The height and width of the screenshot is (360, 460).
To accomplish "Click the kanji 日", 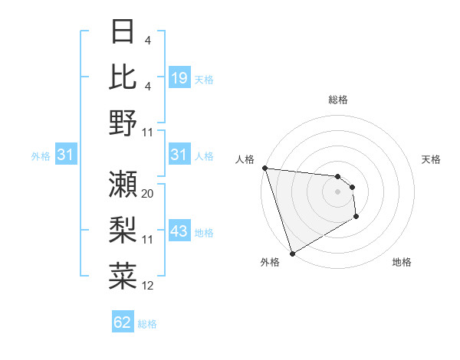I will pyautogui.click(x=123, y=33).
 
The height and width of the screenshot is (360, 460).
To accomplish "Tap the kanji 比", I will pyautogui.click(x=123, y=77).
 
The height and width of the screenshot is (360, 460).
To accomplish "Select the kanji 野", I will pyautogui.click(x=123, y=123).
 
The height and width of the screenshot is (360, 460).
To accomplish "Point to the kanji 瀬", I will pyautogui.click(x=123, y=183).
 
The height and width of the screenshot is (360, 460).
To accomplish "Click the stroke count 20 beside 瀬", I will pyautogui.click(x=148, y=194).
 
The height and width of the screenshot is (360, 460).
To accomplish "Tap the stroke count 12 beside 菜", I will pyautogui.click(x=148, y=286).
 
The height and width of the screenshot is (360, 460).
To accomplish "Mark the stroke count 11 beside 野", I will pyautogui.click(x=148, y=133).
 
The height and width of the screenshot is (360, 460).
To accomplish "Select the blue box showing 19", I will pyautogui.click(x=179, y=78).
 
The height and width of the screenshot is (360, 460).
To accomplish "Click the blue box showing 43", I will pyautogui.click(x=179, y=232).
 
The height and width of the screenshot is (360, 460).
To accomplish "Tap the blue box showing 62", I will pyautogui.click(x=123, y=322).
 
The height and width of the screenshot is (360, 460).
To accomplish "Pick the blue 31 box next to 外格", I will pyautogui.click(x=66, y=155).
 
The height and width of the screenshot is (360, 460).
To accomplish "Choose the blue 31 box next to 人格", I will pyautogui.click(x=179, y=155).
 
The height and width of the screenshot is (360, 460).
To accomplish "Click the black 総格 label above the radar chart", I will pyautogui.click(x=338, y=100).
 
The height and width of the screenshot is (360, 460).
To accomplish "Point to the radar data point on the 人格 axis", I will pyautogui.click(x=264, y=168).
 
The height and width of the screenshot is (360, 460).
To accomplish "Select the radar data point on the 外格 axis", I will pyautogui.click(x=292, y=254).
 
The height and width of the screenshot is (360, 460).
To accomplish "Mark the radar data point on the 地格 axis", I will pyautogui.click(x=356, y=218).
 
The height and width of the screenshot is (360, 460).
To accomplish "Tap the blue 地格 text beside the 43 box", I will pyautogui.click(x=204, y=233).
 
